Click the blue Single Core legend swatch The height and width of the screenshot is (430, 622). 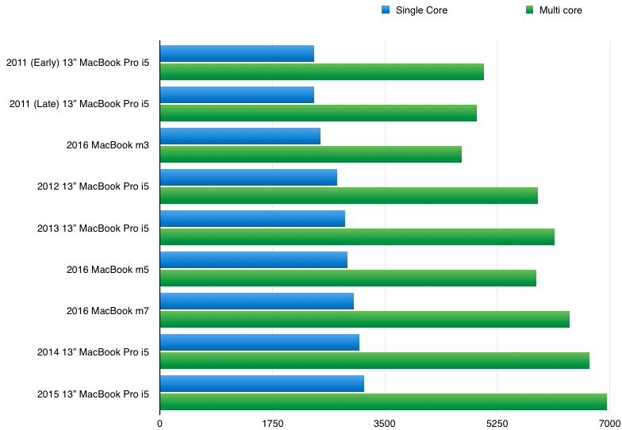click(386, 10)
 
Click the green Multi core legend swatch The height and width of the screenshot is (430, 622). click(507, 10)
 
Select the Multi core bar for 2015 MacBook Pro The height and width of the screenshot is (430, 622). click(383, 401)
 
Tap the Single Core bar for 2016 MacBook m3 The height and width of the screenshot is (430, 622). click(240, 136)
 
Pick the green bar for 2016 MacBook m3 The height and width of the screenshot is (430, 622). click(310, 154)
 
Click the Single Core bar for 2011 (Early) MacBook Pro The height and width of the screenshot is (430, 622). click(236, 53)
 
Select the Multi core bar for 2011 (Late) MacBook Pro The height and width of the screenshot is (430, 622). click(318, 113)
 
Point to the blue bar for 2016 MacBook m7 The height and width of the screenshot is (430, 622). click(256, 301)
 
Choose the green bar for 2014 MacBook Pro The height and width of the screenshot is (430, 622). click(374, 360)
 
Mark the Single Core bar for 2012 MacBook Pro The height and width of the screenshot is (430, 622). click(248, 177)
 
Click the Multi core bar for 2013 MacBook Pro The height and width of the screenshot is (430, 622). click(357, 236)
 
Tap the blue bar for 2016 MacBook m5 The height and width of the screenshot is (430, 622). click(253, 259)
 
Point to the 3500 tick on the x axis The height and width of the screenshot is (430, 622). click(384, 423)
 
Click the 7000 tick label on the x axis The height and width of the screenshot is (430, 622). click(608, 423)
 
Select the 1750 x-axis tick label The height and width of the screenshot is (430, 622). click(272, 423)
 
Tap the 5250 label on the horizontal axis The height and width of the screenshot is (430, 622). click(497, 423)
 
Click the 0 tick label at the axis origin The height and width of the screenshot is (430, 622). click(160, 423)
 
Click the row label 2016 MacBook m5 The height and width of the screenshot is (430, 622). click(108, 270)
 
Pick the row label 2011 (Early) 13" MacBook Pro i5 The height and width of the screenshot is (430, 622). click(77, 62)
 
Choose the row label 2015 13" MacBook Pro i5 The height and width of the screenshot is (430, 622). click(93, 394)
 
